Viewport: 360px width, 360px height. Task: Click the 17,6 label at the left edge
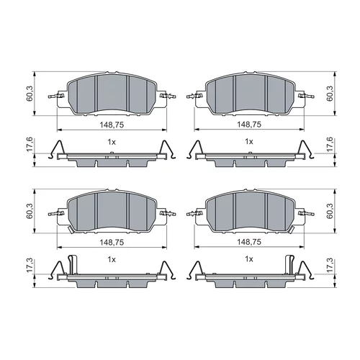point(30,145)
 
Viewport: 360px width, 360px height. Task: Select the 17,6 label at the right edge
point(330,145)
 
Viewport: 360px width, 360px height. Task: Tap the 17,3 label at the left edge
point(30,265)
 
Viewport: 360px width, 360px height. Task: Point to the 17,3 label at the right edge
point(330,265)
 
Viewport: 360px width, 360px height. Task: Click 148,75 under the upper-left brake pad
point(112,125)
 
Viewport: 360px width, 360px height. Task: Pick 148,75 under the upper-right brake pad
point(249,125)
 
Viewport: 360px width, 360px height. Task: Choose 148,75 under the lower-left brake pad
point(112,243)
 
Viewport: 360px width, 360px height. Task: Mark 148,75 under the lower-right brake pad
point(249,242)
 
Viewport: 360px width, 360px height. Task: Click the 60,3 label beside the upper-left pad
point(30,94)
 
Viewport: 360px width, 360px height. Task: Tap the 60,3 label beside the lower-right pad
point(330,211)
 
